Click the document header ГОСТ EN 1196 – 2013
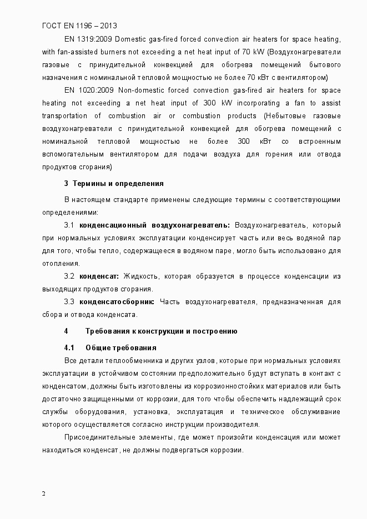coord(79,26)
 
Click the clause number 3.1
coord(69,225)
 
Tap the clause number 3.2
coord(69,276)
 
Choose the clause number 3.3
coord(69,301)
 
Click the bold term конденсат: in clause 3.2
coord(99,276)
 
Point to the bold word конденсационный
coord(113,225)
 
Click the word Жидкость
coord(141,276)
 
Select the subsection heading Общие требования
coord(121,347)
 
